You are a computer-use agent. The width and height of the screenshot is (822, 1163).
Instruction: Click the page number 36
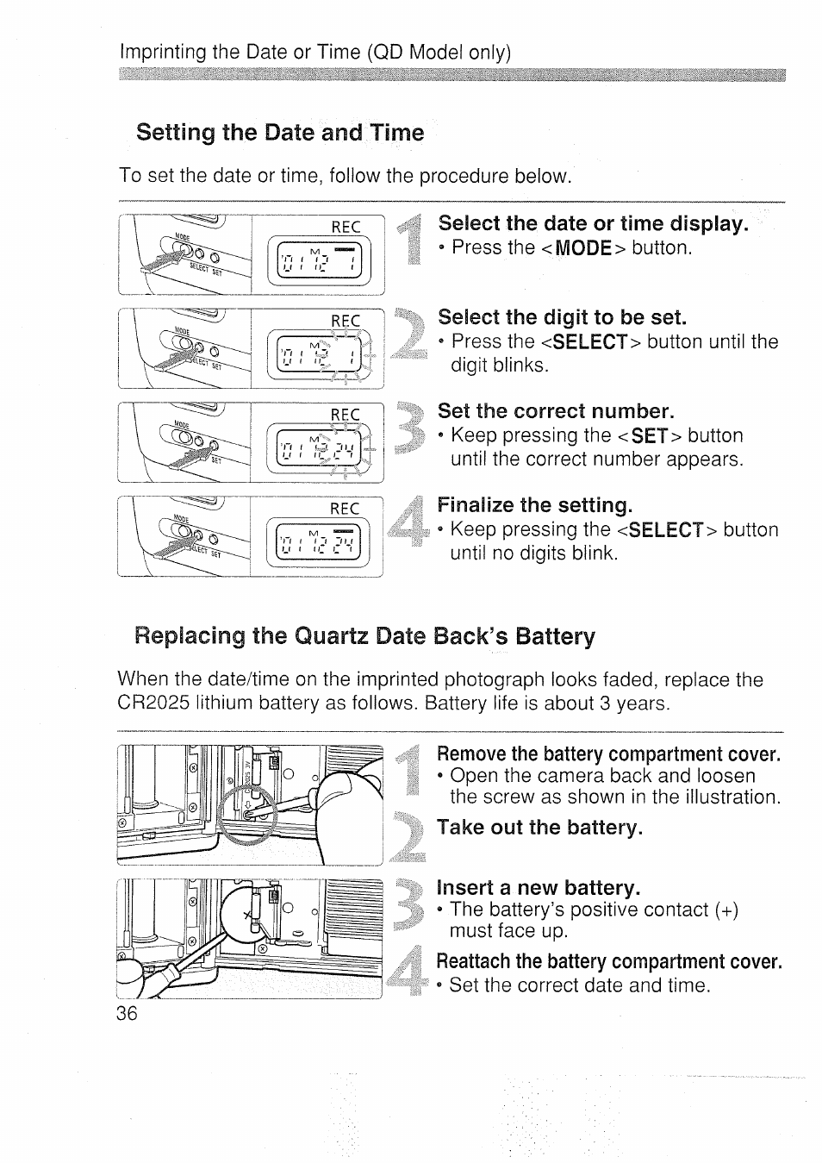tap(127, 1013)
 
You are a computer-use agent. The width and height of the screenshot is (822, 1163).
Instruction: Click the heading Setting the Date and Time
tap(280, 133)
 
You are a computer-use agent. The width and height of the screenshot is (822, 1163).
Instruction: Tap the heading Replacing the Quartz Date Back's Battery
tap(364, 637)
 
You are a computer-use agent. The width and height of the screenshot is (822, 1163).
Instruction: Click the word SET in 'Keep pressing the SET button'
tap(650, 436)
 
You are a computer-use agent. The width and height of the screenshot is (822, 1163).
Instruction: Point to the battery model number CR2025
tap(153, 703)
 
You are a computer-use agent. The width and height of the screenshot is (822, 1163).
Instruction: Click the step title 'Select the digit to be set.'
tap(562, 316)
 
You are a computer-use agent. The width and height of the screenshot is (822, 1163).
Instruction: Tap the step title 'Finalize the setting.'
tap(534, 504)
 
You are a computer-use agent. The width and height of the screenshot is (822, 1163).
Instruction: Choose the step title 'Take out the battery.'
tap(540, 828)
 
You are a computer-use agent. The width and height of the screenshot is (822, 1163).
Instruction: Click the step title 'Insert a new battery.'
tap(539, 888)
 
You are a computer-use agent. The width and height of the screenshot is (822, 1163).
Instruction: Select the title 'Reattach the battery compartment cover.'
tap(609, 961)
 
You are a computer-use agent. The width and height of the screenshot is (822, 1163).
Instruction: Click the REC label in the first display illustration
tap(346, 227)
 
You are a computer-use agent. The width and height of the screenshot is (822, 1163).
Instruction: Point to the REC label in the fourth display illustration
tap(346, 509)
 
